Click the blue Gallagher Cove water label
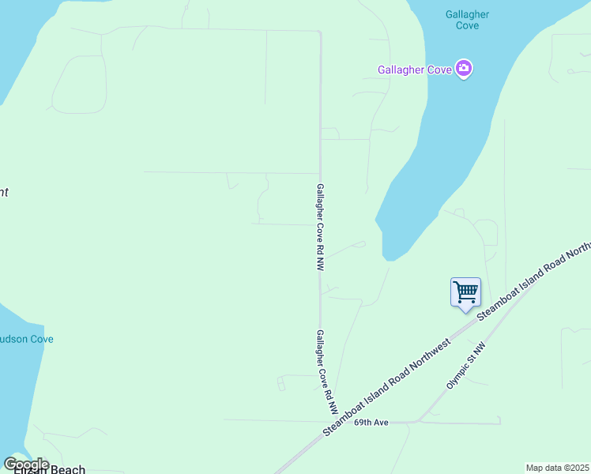(x=467, y=20)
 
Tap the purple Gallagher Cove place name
(x=414, y=70)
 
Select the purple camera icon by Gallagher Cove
(x=464, y=70)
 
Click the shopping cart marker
(x=465, y=292)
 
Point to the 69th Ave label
(x=371, y=423)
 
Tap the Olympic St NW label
(x=466, y=365)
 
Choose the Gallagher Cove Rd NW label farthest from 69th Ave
(x=320, y=228)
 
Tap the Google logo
(x=26, y=465)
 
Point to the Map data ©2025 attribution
(x=557, y=468)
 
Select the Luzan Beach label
(x=48, y=469)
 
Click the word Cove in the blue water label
(x=467, y=26)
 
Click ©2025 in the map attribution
(x=573, y=468)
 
